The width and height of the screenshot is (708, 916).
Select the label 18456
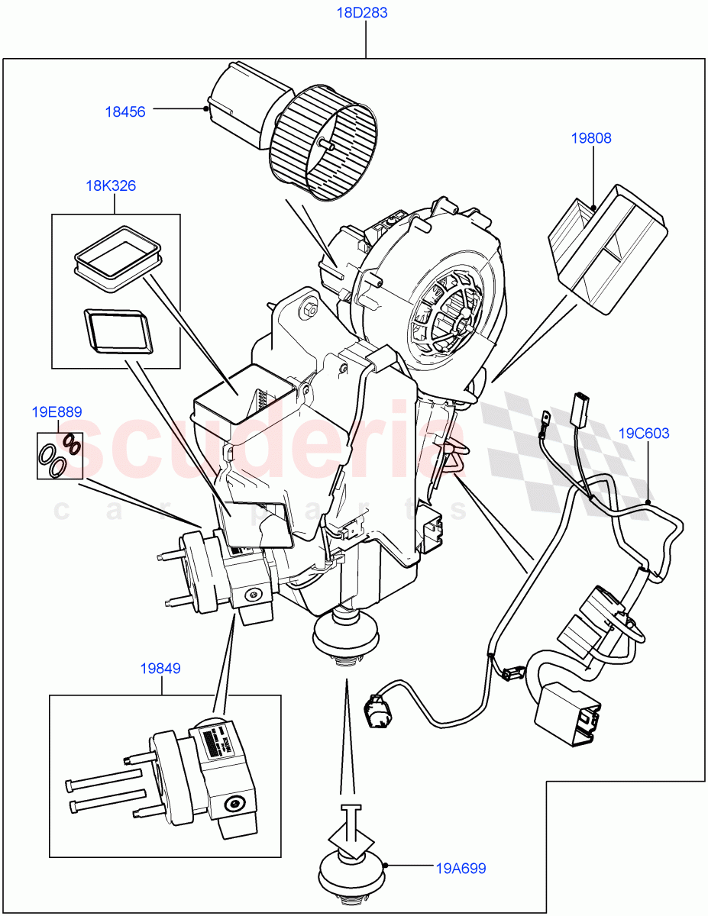(x=124, y=111)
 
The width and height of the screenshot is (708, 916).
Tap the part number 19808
(x=590, y=138)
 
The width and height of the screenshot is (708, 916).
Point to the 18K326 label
(x=111, y=185)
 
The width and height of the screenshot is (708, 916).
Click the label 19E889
(x=57, y=412)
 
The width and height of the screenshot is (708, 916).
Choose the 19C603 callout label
(x=643, y=434)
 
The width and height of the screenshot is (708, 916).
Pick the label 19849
(x=160, y=669)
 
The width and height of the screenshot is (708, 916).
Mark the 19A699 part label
(x=461, y=868)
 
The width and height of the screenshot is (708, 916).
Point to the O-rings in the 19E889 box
(x=60, y=456)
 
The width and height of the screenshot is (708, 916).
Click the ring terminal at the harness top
(x=547, y=418)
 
